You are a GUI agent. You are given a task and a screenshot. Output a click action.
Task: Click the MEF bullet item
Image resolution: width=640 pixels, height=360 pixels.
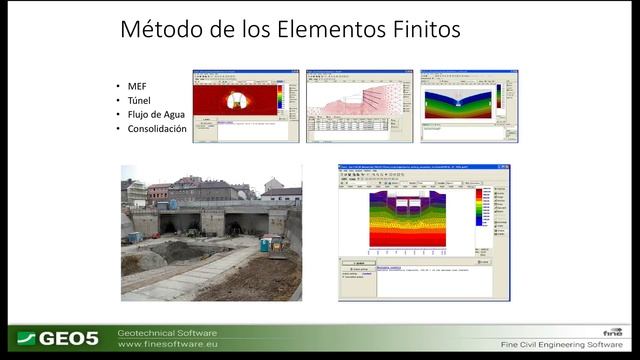(136, 87)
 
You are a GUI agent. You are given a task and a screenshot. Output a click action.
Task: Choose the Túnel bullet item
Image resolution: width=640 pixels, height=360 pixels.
(139, 101)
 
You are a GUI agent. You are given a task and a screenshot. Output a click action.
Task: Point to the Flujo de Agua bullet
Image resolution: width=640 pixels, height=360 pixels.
(155, 115)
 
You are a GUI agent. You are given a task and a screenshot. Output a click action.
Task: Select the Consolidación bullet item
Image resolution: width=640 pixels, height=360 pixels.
(157, 129)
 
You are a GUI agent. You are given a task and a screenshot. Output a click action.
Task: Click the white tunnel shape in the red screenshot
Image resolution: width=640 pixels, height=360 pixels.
(236, 99)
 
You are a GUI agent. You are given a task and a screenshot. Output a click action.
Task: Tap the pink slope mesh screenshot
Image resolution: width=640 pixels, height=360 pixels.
(346, 100)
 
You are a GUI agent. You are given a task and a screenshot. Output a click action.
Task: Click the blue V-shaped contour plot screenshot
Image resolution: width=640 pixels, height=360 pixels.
(459, 102)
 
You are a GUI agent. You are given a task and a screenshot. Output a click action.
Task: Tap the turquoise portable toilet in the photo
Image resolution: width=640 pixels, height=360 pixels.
(265, 243)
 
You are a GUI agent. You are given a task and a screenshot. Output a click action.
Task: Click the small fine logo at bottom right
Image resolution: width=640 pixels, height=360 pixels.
(611, 331)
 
